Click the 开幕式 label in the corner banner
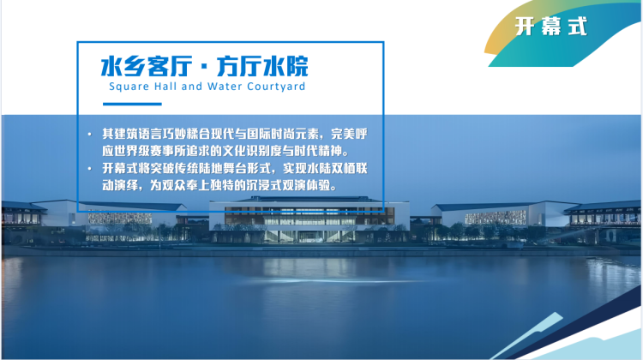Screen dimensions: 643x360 point(551,27)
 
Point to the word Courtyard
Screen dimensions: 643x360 point(276,87)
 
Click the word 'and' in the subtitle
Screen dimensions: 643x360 point(192,86)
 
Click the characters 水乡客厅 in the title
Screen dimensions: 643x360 point(147,66)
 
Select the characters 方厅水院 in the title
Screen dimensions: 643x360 point(262,66)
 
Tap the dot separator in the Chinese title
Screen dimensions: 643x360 point(205,67)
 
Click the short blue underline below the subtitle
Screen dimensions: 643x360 point(132,105)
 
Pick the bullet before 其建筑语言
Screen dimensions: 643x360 point(90,134)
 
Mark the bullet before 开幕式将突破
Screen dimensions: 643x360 point(90,169)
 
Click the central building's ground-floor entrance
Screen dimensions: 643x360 point(308,237)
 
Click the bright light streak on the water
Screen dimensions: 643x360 point(324,281)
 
